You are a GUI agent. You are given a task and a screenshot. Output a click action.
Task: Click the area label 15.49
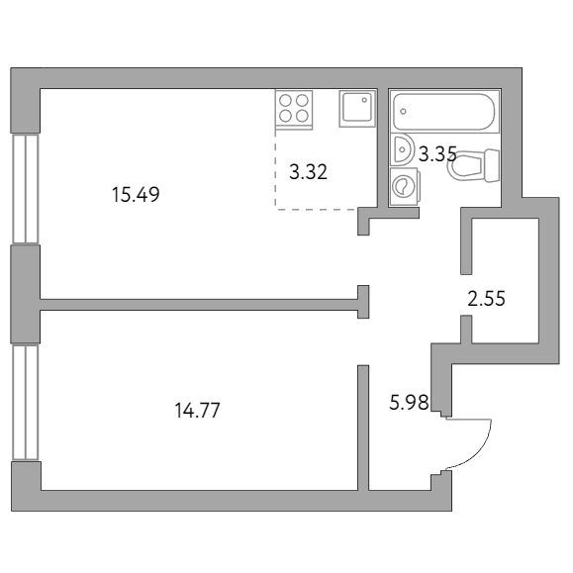(136, 195)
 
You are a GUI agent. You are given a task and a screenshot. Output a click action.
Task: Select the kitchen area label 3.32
(308, 171)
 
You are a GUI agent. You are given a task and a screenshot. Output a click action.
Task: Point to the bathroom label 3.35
(436, 153)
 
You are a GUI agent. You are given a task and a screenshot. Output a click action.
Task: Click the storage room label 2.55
(486, 298)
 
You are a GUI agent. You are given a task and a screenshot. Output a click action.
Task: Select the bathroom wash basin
(403, 149)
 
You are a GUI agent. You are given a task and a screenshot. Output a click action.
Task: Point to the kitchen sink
(357, 108)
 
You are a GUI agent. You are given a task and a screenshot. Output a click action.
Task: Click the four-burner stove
(294, 107)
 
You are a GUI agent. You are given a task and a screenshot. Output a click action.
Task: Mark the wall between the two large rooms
(198, 303)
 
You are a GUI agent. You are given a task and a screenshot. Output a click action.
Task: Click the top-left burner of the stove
(286, 99)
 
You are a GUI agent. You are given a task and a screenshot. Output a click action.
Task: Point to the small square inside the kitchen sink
(364, 99)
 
